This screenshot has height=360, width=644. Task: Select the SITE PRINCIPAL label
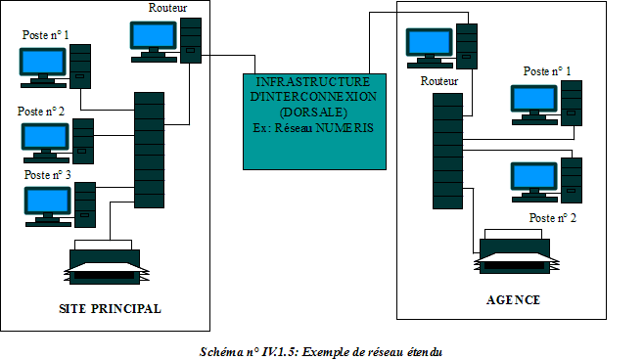pyautogui.click(x=111, y=309)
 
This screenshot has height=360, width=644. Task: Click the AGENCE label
pyautogui.click(x=513, y=299)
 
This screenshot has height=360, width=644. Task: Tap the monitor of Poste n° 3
pyautogui.click(x=45, y=202)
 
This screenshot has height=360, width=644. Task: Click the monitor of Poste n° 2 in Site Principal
pyautogui.click(x=45, y=138)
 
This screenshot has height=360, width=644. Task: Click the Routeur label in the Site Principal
pyautogui.click(x=167, y=8)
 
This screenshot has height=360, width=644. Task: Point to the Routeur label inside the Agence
pyautogui.click(x=438, y=80)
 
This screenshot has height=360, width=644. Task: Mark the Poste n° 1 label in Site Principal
pyautogui.click(x=50, y=34)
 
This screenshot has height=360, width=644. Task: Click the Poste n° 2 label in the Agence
pyautogui.click(x=552, y=217)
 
